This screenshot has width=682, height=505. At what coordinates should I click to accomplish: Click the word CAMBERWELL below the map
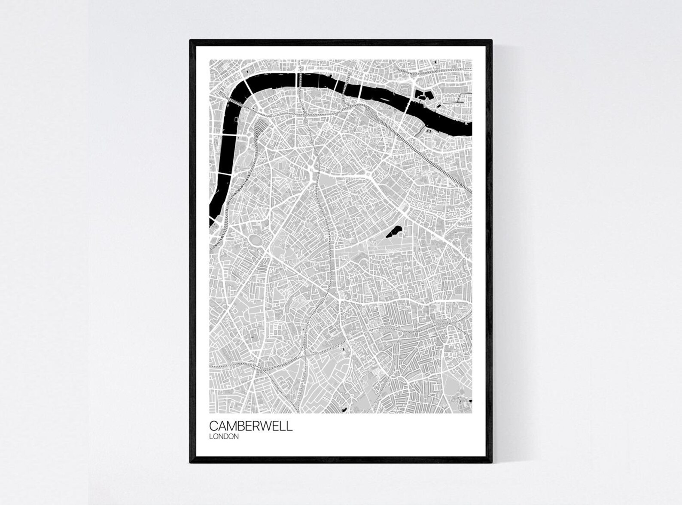pyautogui.click(x=251, y=426)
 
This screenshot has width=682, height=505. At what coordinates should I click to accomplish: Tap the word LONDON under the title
pyautogui.click(x=224, y=437)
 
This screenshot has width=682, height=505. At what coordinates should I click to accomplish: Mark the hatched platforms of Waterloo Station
pyautogui.click(x=260, y=129)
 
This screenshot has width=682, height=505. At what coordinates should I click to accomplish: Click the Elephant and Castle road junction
pyautogui.click(x=312, y=176)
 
